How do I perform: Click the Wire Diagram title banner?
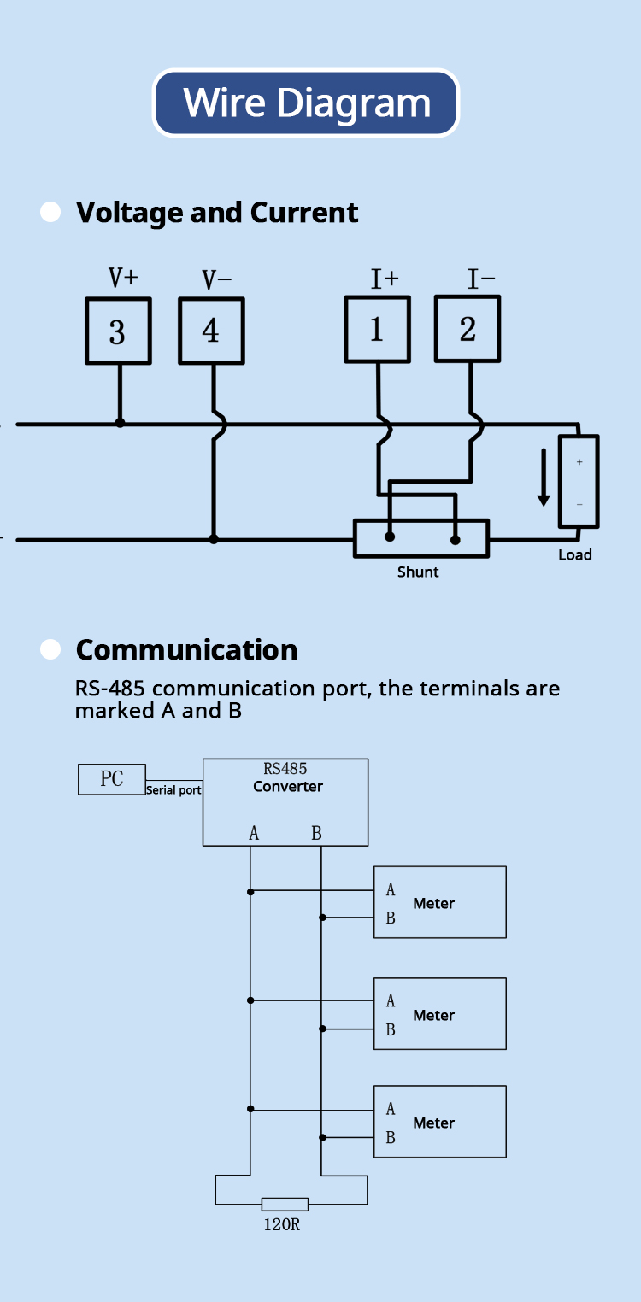click(x=306, y=103)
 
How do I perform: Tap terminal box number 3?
click(x=119, y=331)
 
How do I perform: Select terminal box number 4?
click(x=211, y=331)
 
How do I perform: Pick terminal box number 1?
click(x=378, y=330)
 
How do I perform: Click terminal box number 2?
click(x=468, y=329)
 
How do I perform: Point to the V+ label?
click(x=123, y=278)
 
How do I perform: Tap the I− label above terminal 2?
click(x=482, y=279)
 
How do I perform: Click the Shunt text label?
click(x=418, y=572)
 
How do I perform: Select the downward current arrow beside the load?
click(x=544, y=478)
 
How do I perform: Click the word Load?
click(x=574, y=555)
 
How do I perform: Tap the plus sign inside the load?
click(x=579, y=462)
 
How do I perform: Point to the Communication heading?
click(x=186, y=650)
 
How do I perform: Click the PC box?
click(x=112, y=779)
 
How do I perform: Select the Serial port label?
click(x=173, y=790)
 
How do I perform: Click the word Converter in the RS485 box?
click(x=287, y=787)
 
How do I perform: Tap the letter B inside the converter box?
click(x=316, y=834)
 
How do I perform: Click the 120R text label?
click(x=282, y=1225)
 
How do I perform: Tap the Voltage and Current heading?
click(x=217, y=213)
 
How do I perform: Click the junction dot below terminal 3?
click(x=120, y=423)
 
